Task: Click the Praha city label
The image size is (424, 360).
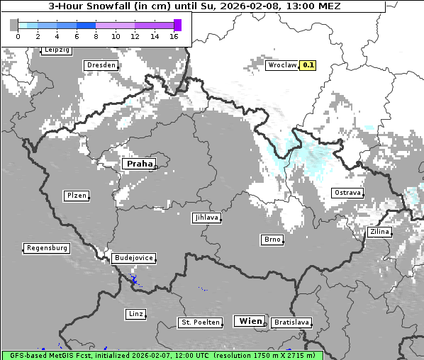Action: coord(139,164)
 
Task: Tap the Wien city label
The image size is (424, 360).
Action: coord(250,321)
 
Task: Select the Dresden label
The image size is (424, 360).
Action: coord(101,65)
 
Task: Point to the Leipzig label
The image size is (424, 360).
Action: coord(56,50)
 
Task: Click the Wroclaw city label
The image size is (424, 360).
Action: coord(281,65)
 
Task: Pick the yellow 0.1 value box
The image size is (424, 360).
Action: coord(308,65)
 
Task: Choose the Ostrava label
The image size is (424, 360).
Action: coord(347,193)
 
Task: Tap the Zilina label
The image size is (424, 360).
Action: coord(379,232)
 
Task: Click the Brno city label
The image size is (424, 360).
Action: coord(272,240)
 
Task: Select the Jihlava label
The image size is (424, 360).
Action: coord(206,218)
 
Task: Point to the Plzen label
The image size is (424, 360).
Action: coord(76,196)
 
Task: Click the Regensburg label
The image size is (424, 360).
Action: coord(47,248)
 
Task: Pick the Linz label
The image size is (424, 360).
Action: coord(135,313)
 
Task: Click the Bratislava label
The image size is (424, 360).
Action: coord(291,322)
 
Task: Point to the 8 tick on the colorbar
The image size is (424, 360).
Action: coord(96,35)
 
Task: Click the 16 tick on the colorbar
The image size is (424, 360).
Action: coord(174,35)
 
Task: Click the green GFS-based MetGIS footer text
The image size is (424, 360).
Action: coord(162,355)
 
